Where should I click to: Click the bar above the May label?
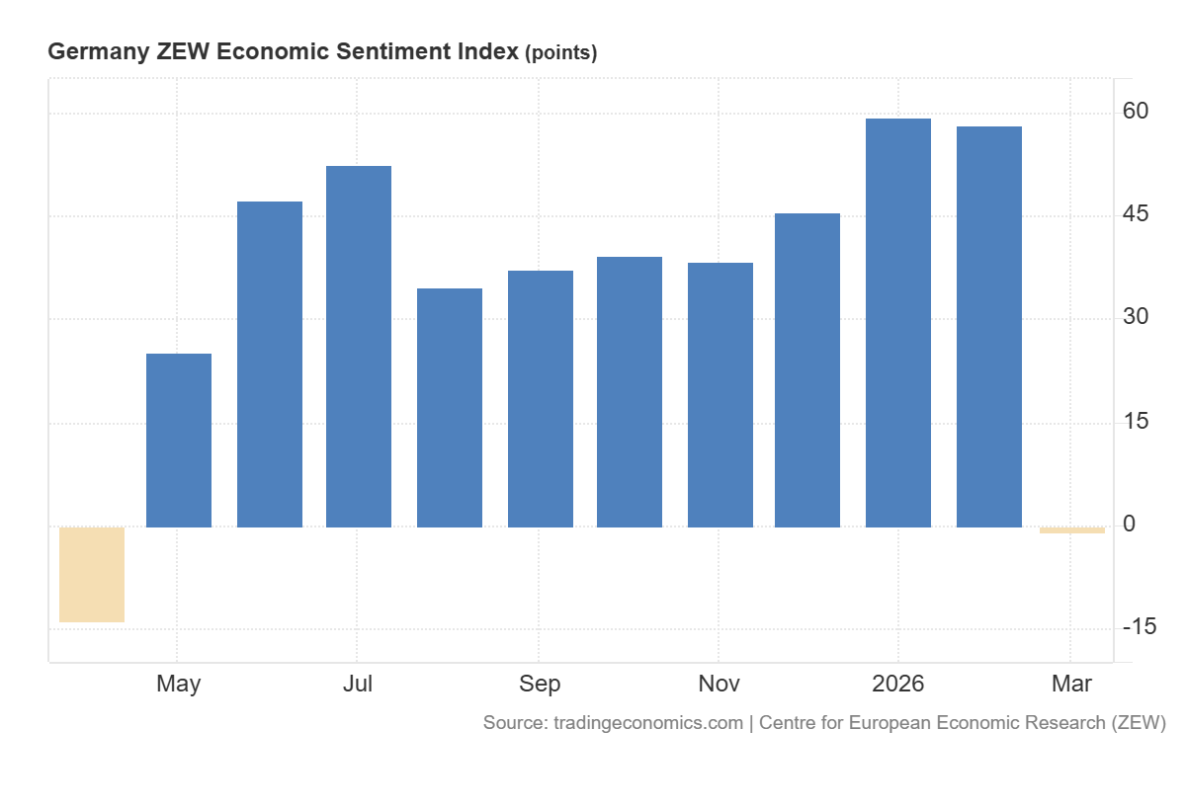(x=179, y=440)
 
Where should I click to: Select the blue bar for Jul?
(x=359, y=346)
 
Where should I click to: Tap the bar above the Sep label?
(x=541, y=398)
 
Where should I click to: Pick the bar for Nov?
(x=720, y=394)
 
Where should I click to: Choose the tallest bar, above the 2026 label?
(x=898, y=322)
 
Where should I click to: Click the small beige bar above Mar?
(x=1072, y=530)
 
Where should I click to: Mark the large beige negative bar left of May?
(x=92, y=574)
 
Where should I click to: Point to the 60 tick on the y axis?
(x=1135, y=111)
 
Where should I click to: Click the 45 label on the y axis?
(x=1135, y=214)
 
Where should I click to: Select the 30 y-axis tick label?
(x=1135, y=317)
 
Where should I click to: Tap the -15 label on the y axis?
(x=1140, y=627)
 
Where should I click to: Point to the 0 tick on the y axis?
(x=1129, y=524)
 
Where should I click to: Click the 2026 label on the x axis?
(x=897, y=684)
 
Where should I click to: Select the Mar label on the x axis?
(x=1071, y=684)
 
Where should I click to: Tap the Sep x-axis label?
(x=540, y=684)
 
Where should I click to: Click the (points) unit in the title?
(x=560, y=53)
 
